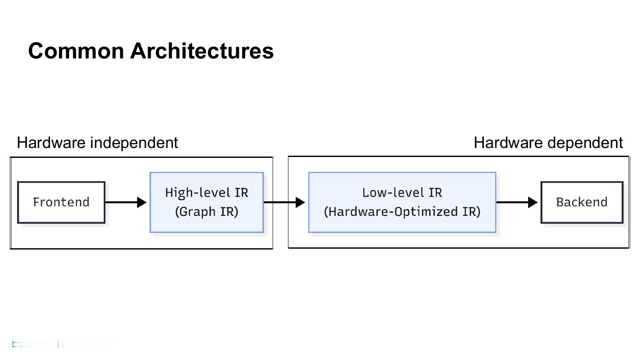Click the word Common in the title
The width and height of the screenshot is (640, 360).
pyautogui.click(x=76, y=51)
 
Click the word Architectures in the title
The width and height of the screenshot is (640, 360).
pyautogui.click(x=202, y=51)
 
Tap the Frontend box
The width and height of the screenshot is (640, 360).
pyautogui.click(x=61, y=202)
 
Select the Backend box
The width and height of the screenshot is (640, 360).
pyautogui.click(x=582, y=202)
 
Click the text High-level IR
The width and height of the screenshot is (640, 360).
pyautogui.click(x=207, y=192)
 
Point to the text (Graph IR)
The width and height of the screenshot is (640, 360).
pyautogui.click(x=207, y=212)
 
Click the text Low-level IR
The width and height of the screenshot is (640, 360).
pyautogui.click(x=402, y=192)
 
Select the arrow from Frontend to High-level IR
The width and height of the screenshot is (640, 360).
pyautogui.click(x=126, y=202)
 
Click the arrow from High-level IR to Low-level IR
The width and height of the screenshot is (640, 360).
pyautogui.click(x=285, y=202)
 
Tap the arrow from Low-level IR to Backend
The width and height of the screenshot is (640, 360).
pyautogui.click(x=517, y=202)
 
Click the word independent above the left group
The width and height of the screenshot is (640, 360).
pyautogui.click(x=134, y=143)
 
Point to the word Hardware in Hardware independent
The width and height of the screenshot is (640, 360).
pyautogui.click(x=51, y=143)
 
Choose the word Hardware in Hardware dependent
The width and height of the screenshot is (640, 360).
pyautogui.click(x=508, y=143)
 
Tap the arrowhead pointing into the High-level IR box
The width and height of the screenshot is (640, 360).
pyautogui.click(x=142, y=202)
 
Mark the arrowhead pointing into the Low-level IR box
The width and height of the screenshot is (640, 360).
pyautogui.click(x=300, y=202)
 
